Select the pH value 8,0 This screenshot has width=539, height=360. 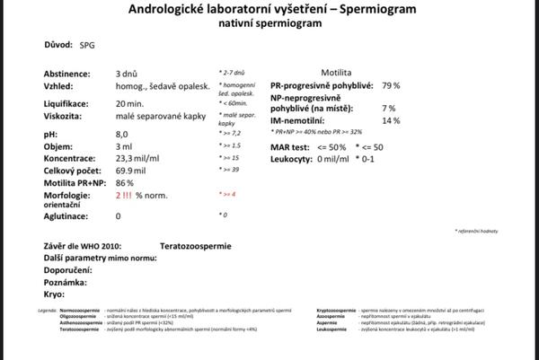coord(121,135)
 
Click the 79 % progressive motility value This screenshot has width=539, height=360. coord(390,85)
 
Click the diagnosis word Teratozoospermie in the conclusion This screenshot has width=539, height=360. coord(195,245)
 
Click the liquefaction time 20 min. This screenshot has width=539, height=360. coord(131,104)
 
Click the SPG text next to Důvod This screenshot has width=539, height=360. coord(86,45)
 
